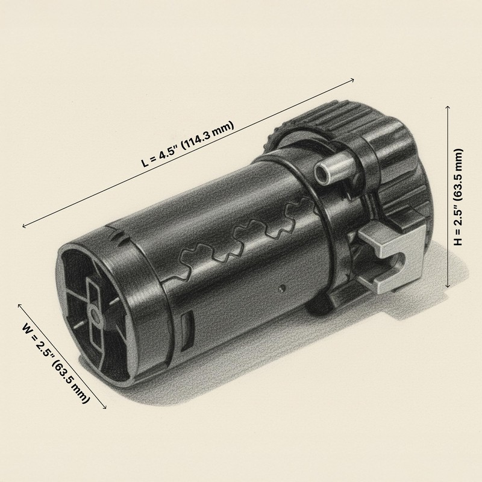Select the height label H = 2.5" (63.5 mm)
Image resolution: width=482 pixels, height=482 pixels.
tap(459, 196)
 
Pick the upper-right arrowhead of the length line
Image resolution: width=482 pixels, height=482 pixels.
tap(353, 80)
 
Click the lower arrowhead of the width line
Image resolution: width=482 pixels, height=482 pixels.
tap(106, 408)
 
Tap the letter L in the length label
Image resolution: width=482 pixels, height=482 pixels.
tap(145, 163)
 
